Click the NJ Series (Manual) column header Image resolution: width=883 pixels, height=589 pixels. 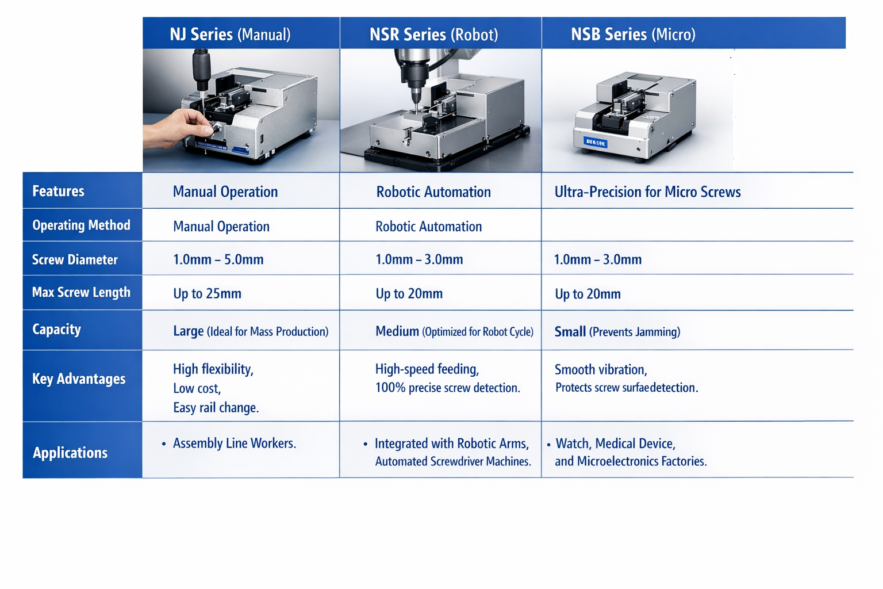click(x=230, y=35)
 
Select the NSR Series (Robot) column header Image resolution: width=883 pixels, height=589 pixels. click(x=433, y=35)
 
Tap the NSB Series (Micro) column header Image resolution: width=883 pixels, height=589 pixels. click(x=633, y=35)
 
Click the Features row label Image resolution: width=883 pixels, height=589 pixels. click(x=58, y=191)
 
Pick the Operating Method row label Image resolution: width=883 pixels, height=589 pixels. click(x=81, y=225)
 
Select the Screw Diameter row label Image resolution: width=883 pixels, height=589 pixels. click(x=75, y=259)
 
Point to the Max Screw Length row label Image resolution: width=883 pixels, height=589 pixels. click(x=81, y=292)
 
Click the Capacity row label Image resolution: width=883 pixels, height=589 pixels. click(x=57, y=330)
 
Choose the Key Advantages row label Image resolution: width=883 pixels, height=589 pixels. click(x=79, y=378)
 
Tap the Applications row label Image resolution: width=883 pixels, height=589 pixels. click(x=70, y=453)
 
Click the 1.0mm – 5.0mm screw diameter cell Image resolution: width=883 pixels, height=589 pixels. click(x=218, y=259)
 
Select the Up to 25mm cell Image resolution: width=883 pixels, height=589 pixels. click(x=208, y=293)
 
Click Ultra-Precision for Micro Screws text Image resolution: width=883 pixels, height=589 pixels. click(x=648, y=192)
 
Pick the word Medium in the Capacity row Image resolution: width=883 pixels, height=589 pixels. click(x=397, y=331)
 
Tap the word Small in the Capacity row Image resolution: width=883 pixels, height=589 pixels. click(x=570, y=331)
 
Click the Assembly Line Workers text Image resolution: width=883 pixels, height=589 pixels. click(x=235, y=443)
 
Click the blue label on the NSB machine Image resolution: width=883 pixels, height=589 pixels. click(x=595, y=143)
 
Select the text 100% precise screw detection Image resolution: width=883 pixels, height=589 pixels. click(x=448, y=388)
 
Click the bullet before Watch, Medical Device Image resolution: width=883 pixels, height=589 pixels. click(x=548, y=445)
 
